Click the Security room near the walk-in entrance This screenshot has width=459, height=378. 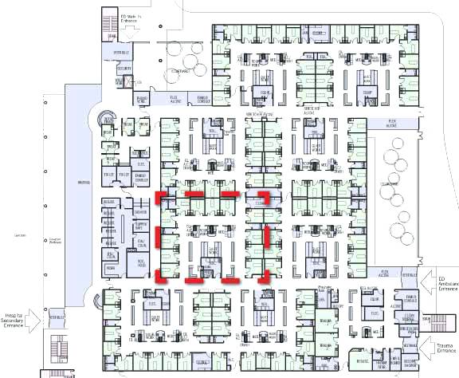point(124,69)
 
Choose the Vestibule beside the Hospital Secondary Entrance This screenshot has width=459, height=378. point(57,317)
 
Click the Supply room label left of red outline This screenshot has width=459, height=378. point(141,223)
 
